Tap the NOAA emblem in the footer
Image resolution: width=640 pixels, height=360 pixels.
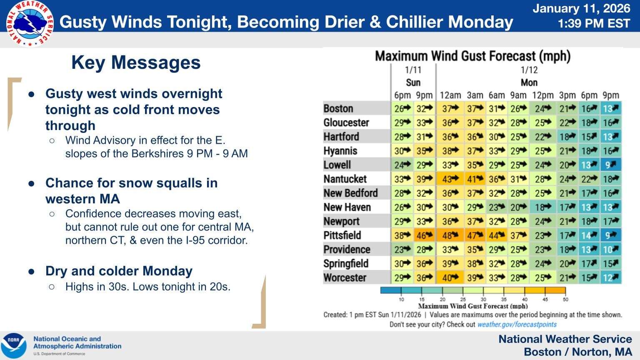[x=14, y=345]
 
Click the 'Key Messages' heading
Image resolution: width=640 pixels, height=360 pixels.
[x=136, y=62]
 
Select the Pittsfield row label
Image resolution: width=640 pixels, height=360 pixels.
[x=342, y=235]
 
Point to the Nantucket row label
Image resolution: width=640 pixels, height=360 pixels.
[x=345, y=179]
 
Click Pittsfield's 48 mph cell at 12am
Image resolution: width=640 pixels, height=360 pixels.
[x=450, y=235]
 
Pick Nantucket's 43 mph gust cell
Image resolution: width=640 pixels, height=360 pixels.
[x=450, y=179]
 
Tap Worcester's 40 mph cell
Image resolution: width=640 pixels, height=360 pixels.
[x=450, y=277]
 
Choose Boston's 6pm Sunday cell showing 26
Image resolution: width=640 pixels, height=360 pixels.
[x=402, y=109]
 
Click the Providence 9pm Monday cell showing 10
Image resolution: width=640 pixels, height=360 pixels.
[x=611, y=250]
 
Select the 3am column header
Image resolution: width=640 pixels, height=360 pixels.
[x=475, y=95]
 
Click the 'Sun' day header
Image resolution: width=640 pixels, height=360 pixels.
[x=413, y=82]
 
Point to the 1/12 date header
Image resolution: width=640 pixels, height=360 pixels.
[x=529, y=70]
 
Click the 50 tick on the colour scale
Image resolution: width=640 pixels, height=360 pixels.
[x=565, y=299]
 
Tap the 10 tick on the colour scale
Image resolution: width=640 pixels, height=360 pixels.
[x=401, y=299]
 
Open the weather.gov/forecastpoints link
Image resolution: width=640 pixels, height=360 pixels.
[x=517, y=324]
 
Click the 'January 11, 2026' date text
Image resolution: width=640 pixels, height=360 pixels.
[x=581, y=8]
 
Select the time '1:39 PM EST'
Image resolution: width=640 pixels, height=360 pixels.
[x=594, y=23]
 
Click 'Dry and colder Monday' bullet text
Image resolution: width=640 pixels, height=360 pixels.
[x=119, y=271]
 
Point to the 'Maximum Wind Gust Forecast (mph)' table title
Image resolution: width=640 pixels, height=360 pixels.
[x=472, y=56]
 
